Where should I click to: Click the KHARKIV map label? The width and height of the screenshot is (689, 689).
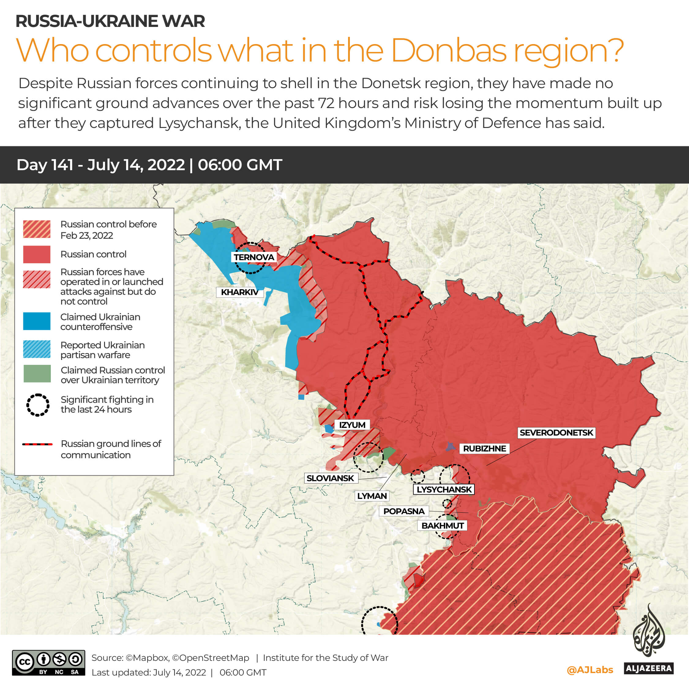[x=239, y=292]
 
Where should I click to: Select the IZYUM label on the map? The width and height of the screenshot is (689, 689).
[x=352, y=425]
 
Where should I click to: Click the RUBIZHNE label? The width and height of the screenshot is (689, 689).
[x=484, y=448]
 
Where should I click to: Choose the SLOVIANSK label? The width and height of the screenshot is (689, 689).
[x=330, y=478]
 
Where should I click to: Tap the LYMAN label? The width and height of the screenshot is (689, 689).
[x=372, y=496]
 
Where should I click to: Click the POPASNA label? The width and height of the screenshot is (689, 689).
[x=404, y=511]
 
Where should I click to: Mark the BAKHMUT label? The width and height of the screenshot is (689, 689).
[x=442, y=526]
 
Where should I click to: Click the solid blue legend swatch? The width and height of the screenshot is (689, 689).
[x=37, y=321]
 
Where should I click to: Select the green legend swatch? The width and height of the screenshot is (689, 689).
[x=37, y=374]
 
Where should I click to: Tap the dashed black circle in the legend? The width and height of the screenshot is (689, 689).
[x=37, y=405]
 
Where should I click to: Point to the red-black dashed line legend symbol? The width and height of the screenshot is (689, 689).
[x=37, y=444]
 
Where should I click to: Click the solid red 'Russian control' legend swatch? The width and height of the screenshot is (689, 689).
[x=37, y=254]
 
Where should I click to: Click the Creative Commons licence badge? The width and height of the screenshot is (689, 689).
[x=48, y=663]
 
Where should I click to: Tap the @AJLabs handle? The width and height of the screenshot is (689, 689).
[x=590, y=670]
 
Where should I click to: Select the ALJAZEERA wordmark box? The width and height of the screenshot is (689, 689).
[x=649, y=668]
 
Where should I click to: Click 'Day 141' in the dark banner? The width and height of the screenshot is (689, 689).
[x=45, y=165]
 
